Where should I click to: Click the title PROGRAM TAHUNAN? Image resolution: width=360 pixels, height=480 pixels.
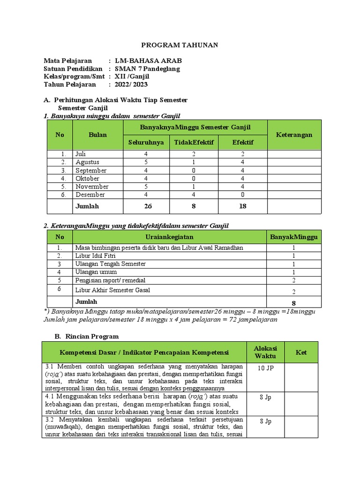click(180, 45)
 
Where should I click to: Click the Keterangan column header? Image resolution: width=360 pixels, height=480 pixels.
click(294, 135)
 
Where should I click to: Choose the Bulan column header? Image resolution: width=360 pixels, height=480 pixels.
click(97, 135)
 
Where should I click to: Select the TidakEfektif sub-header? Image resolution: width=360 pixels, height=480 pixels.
click(194, 142)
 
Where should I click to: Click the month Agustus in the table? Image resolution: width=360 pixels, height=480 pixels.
click(87, 162)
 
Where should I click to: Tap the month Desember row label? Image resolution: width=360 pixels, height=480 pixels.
click(90, 195)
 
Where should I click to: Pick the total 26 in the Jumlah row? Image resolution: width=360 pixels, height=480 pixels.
click(149, 206)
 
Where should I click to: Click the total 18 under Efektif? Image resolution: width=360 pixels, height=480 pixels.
click(242, 206)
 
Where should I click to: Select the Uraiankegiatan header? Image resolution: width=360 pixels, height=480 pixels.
click(169, 237)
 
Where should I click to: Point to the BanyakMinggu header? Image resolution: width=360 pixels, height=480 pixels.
click(293, 237)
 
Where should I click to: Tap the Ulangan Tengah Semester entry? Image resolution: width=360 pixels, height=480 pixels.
click(110, 264)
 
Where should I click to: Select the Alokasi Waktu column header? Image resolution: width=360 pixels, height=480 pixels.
click(265, 352)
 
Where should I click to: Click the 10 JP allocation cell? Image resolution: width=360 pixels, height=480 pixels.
click(265, 368)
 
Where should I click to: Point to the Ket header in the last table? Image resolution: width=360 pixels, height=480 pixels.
click(301, 352)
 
